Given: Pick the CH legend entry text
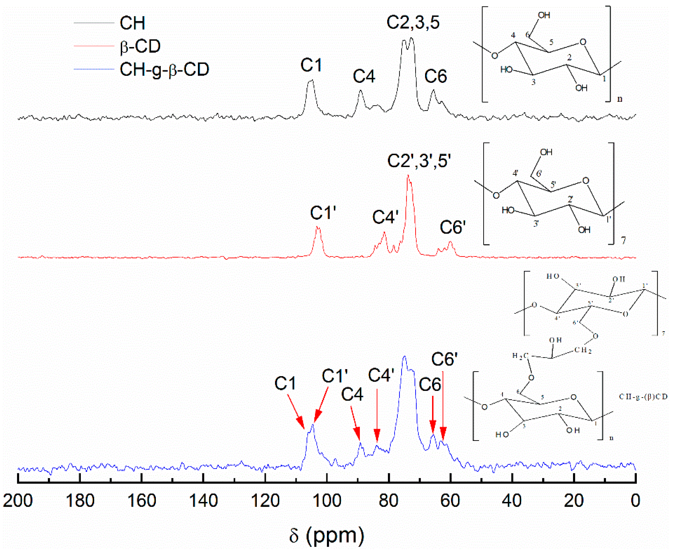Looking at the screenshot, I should pyautogui.click(x=132, y=23).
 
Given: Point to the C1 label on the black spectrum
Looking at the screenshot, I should pyautogui.click(x=311, y=65).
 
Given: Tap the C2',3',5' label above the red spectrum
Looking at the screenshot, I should pyautogui.click(x=419, y=161).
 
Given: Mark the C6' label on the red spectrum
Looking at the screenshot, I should pyautogui.click(x=452, y=227).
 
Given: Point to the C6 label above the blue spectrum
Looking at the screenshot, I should pyautogui.click(x=430, y=385).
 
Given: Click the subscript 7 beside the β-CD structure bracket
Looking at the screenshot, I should pyautogui.click(x=623, y=240).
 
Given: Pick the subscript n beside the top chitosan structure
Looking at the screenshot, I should pyautogui.click(x=620, y=99).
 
